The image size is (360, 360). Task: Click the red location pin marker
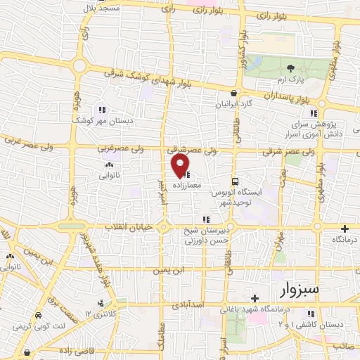pyautogui.click(x=181, y=166)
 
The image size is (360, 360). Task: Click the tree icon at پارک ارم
pyautogui.click(x=291, y=67)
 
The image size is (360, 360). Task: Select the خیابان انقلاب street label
pyautogui.click(x=129, y=227)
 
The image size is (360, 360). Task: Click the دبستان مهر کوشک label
pyautogui.click(x=99, y=120)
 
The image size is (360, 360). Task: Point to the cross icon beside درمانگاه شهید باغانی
pyautogui.click(x=255, y=298)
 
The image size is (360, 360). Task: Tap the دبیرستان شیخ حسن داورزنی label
pyautogui.click(x=205, y=235)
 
